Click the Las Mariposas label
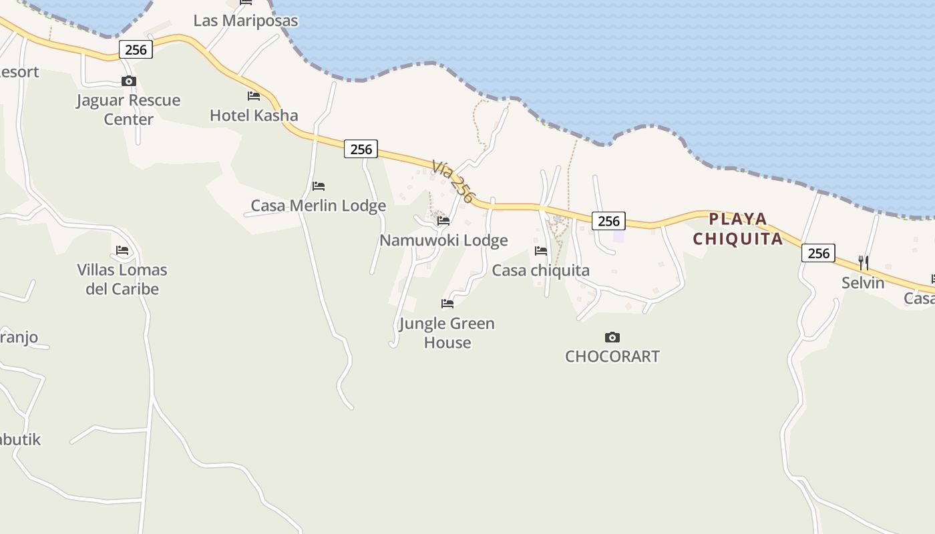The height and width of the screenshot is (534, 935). click(245, 21)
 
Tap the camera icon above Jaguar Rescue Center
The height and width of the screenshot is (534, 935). click(129, 81)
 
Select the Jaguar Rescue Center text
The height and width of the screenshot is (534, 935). click(128, 109)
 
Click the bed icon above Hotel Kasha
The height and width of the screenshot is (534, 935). click(254, 96)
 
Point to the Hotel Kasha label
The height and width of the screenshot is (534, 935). click(254, 115)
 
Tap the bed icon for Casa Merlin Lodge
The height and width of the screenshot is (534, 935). click(319, 186)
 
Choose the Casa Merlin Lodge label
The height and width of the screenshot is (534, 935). click(318, 206)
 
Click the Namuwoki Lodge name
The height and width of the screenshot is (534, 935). click(443, 240)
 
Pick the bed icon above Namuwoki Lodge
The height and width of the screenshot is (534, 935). click(443, 221)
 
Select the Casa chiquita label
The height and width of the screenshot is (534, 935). click(540, 270)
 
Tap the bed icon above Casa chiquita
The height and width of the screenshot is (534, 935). click(541, 251)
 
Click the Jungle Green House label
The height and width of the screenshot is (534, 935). click(447, 332)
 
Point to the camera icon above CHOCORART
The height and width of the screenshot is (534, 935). click(612, 337)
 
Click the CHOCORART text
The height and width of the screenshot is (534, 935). click(612, 356)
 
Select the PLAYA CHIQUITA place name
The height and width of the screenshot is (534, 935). click(737, 229)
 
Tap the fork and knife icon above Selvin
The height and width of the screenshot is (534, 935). click(864, 263)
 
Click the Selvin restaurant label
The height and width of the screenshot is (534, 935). click(863, 283)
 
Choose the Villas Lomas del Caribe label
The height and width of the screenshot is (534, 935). click(122, 279)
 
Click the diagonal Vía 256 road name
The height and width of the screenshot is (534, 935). click(453, 181)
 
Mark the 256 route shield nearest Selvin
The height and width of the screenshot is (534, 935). click(818, 253)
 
